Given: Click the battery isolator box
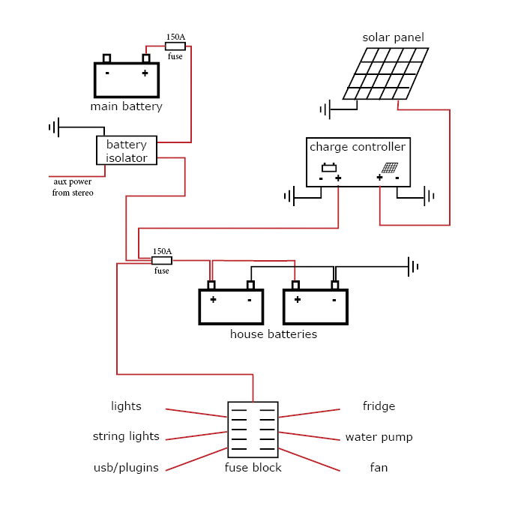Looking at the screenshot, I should tap(127, 151).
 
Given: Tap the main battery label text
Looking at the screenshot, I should tap(126, 106).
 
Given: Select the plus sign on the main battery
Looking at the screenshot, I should tap(145, 73).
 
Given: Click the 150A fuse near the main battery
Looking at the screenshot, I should tap(175, 46).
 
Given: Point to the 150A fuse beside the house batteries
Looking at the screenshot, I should tap(162, 261).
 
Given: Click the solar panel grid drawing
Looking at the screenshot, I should tap(386, 73).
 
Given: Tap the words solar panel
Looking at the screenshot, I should tap(393, 37).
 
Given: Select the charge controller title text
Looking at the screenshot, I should tap(358, 147).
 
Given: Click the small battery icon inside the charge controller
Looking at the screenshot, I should tap(329, 168).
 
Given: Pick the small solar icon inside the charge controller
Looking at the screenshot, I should tap(389, 168).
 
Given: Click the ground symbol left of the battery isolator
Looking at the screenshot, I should tap(54, 127).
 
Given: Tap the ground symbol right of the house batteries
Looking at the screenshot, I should tap(412, 266).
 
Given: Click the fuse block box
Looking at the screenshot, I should tap(253, 430).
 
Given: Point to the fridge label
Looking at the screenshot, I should tap(379, 406).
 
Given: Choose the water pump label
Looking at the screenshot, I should tap(379, 437).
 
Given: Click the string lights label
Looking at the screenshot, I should tap(126, 436).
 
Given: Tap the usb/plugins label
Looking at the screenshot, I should tap(126, 468).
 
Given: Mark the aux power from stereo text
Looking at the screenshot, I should tap(73, 187).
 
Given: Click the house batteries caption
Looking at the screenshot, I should tap(273, 334).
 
